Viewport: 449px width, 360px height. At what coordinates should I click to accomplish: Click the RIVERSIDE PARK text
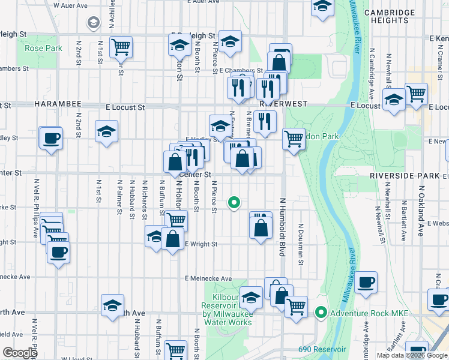405,176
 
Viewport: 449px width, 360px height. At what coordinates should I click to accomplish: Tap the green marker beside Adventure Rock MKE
321,313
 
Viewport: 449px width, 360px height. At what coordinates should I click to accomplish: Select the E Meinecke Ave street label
208,278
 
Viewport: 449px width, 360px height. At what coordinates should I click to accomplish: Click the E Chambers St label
238,70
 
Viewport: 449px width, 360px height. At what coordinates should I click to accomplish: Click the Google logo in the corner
20,353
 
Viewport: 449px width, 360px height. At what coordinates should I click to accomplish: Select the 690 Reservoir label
322,349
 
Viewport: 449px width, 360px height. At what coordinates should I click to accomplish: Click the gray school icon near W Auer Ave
93,23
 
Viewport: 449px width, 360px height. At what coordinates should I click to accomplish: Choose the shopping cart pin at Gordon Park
293,138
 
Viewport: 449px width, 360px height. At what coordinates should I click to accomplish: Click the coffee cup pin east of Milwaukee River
366,281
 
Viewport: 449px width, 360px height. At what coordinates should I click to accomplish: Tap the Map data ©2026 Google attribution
412,355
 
